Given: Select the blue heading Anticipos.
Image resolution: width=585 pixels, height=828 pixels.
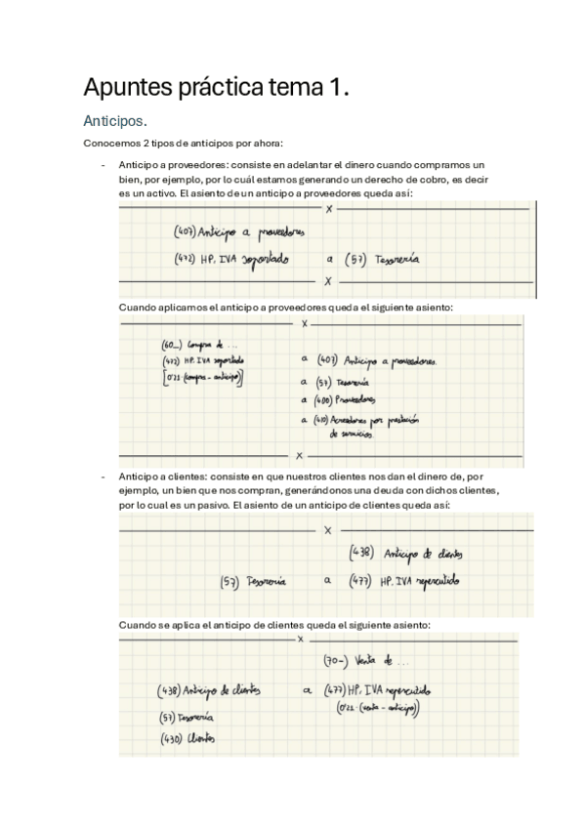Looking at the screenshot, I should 115,122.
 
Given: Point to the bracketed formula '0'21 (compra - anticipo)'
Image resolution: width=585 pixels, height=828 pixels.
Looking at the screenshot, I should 202,377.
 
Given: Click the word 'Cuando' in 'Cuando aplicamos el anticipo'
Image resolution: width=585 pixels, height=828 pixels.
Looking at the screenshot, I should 138,307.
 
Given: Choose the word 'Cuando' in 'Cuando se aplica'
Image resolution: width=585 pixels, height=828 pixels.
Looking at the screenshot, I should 138,625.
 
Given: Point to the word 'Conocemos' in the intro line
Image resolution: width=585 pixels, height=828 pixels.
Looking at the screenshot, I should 110,145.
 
